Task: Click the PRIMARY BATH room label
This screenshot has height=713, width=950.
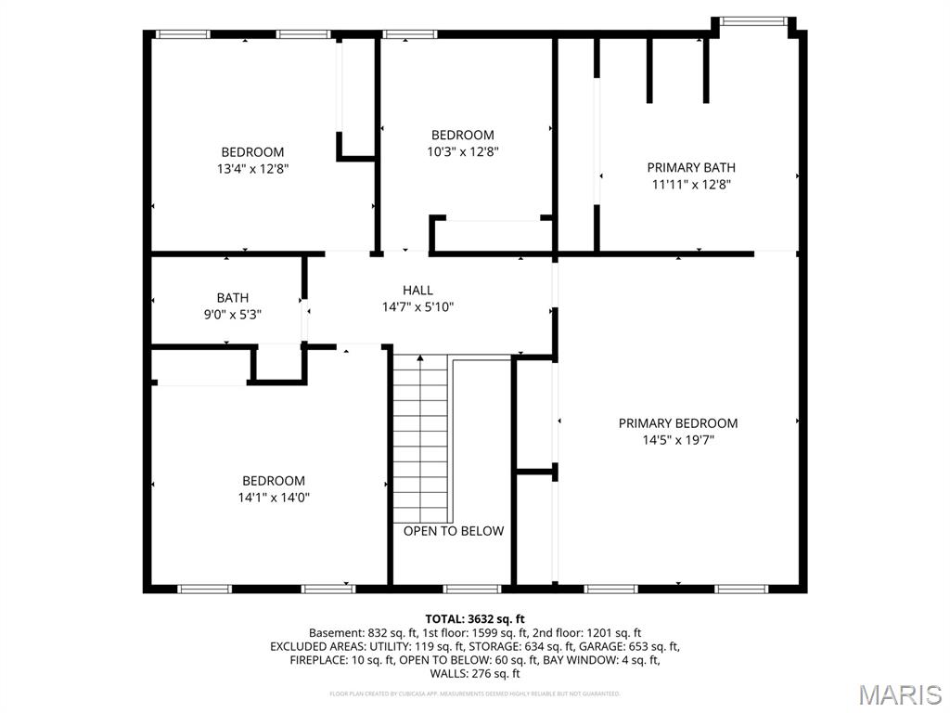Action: pos(691,168)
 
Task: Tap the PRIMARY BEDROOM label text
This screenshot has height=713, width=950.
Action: pos(678,423)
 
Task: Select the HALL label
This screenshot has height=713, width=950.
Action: pos(417,291)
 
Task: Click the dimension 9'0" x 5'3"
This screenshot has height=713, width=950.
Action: pos(232,315)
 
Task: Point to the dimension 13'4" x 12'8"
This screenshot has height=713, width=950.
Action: pos(252,169)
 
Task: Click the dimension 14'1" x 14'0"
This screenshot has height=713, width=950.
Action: pos(274,498)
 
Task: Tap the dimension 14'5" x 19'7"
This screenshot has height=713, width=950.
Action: pos(678,440)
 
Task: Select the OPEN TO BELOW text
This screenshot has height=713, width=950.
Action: pos(454,531)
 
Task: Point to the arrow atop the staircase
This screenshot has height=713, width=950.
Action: pos(420,357)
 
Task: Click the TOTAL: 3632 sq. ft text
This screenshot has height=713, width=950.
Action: pos(475,618)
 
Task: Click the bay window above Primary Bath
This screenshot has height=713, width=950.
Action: pos(753,20)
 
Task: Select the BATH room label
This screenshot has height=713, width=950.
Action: pos(232,298)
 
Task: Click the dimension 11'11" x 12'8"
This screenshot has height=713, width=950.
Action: pos(691,185)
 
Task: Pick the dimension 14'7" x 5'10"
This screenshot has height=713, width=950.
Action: pos(417,307)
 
